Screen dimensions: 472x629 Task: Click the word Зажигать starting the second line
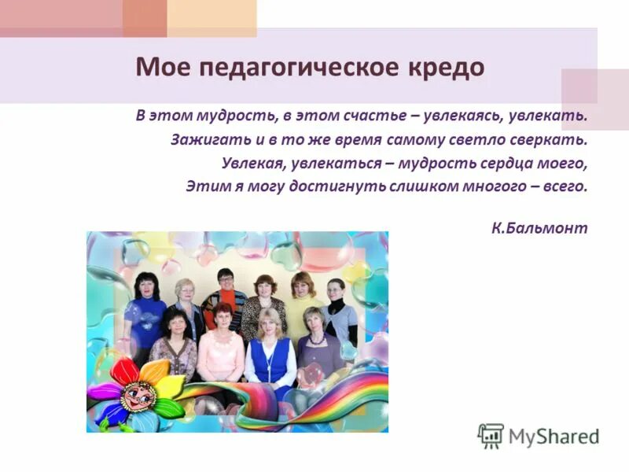[x=200, y=140]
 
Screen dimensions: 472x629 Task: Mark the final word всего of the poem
[x=567, y=187]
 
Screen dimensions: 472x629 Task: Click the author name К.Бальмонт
[x=539, y=228]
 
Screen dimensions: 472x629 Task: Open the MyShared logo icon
[x=491, y=435]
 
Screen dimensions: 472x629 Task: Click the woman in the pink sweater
[x=220, y=350]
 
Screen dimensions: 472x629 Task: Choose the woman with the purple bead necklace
[x=317, y=346]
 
